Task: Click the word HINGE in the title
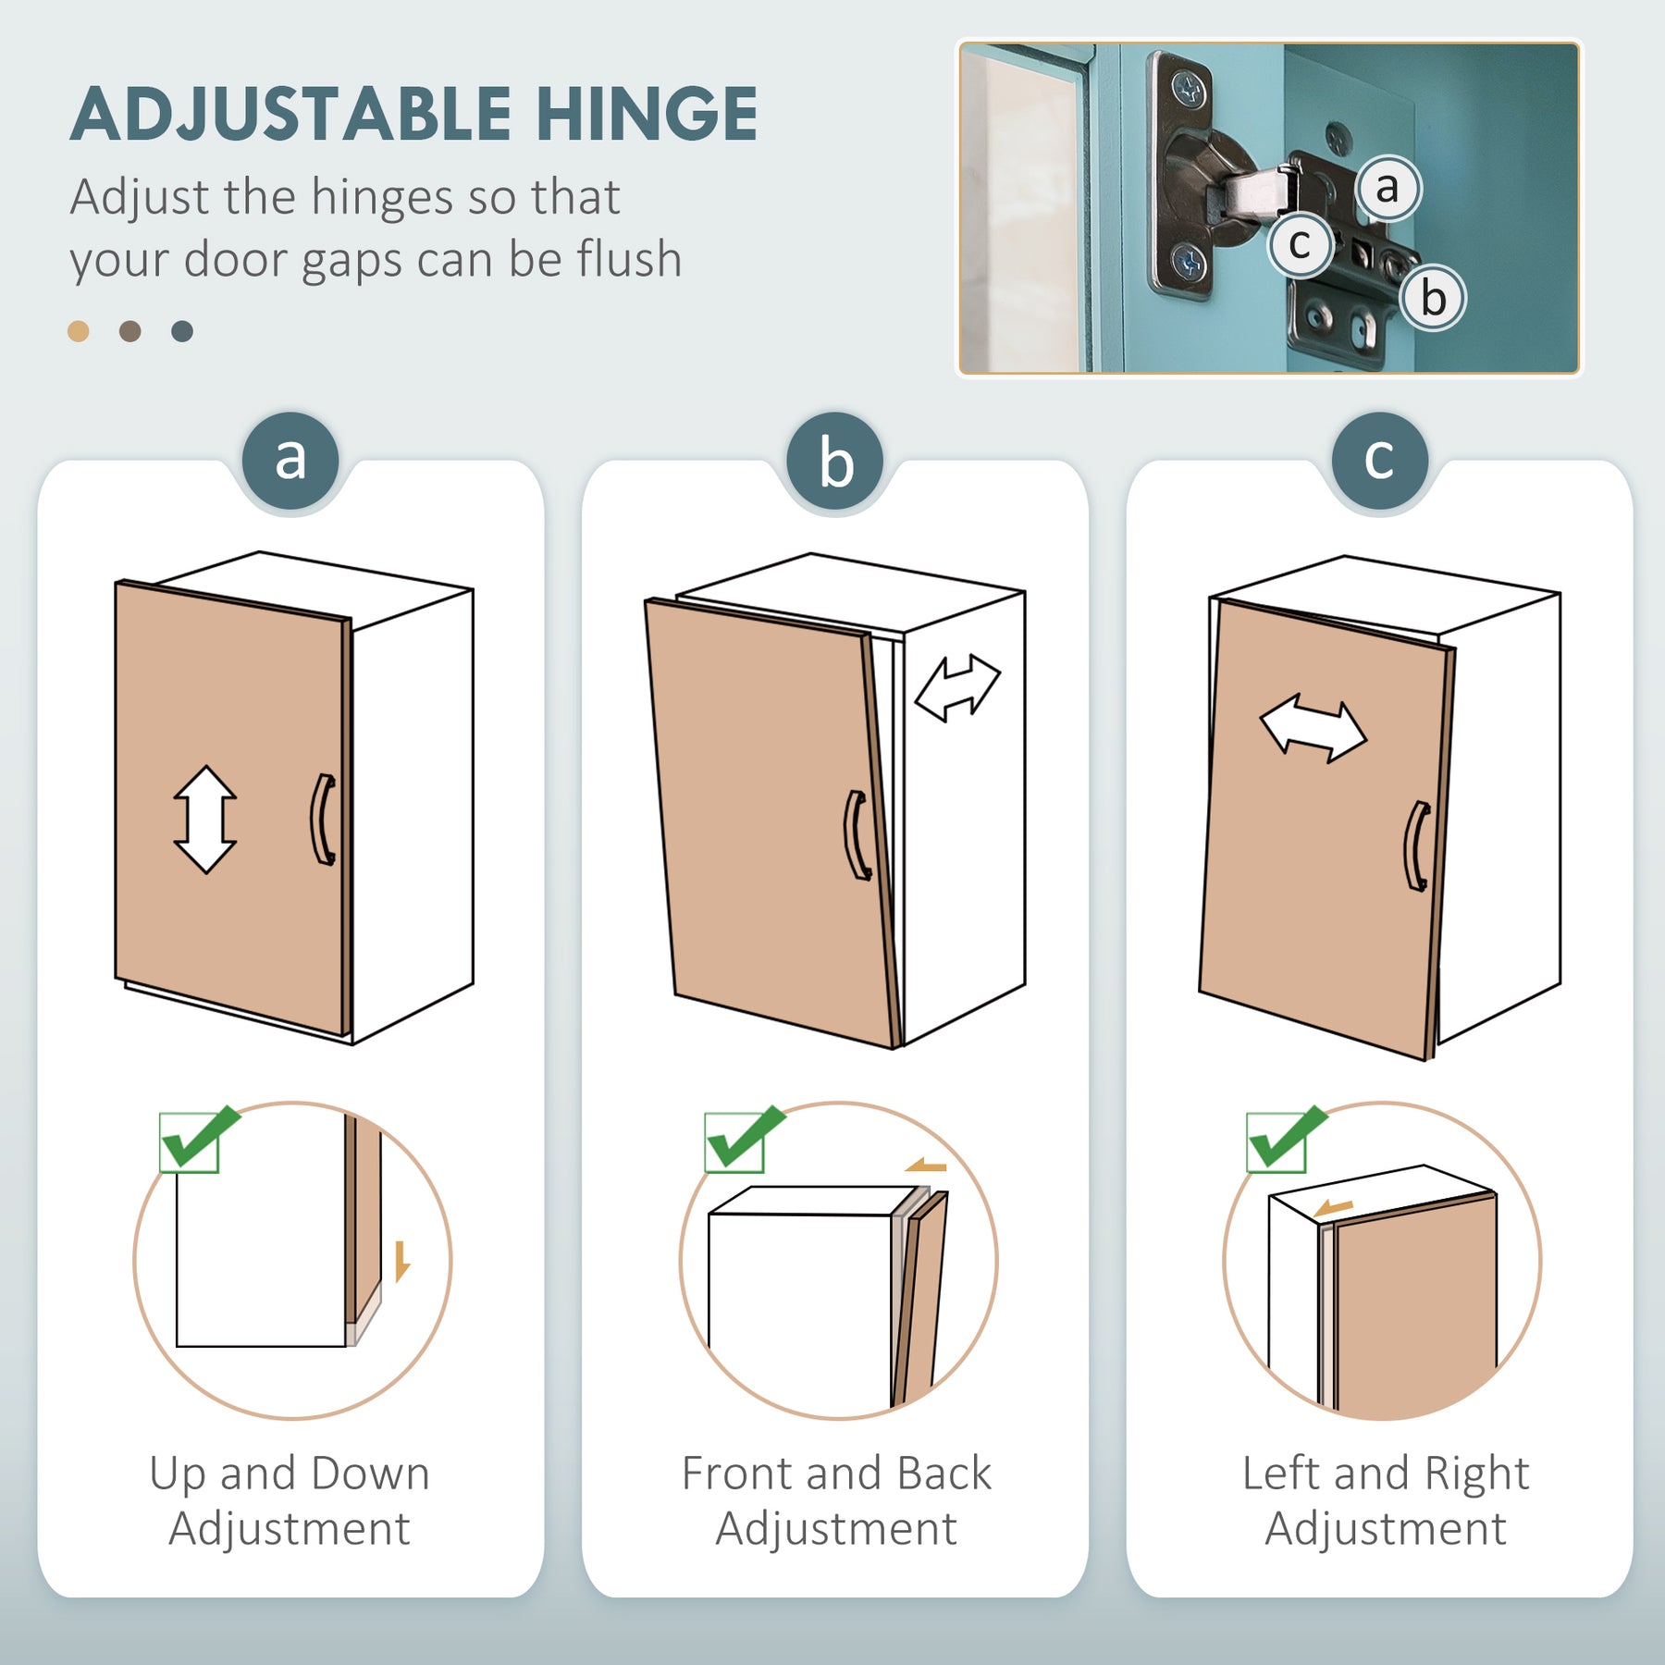pyautogui.click(x=647, y=115)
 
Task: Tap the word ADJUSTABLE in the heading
pyautogui.click(x=290, y=115)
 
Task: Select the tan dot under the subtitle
pyautogui.click(x=79, y=331)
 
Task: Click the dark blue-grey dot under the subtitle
pyautogui.click(x=182, y=331)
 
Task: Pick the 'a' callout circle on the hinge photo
pyautogui.click(x=1387, y=188)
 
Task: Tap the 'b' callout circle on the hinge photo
pyautogui.click(x=1433, y=298)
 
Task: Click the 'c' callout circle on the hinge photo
pyautogui.click(x=1300, y=245)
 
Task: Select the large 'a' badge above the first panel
pyautogui.click(x=290, y=460)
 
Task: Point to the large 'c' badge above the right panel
pyautogui.click(x=1379, y=460)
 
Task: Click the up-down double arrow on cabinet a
pyautogui.click(x=205, y=820)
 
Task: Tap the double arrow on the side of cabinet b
pyautogui.click(x=957, y=687)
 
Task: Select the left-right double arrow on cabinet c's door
pyautogui.click(x=1313, y=728)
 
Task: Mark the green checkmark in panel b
pyautogui.click(x=744, y=1139)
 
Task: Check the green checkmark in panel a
pyautogui.click(x=199, y=1139)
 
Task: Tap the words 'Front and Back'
pyautogui.click(x=836, y=1473)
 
